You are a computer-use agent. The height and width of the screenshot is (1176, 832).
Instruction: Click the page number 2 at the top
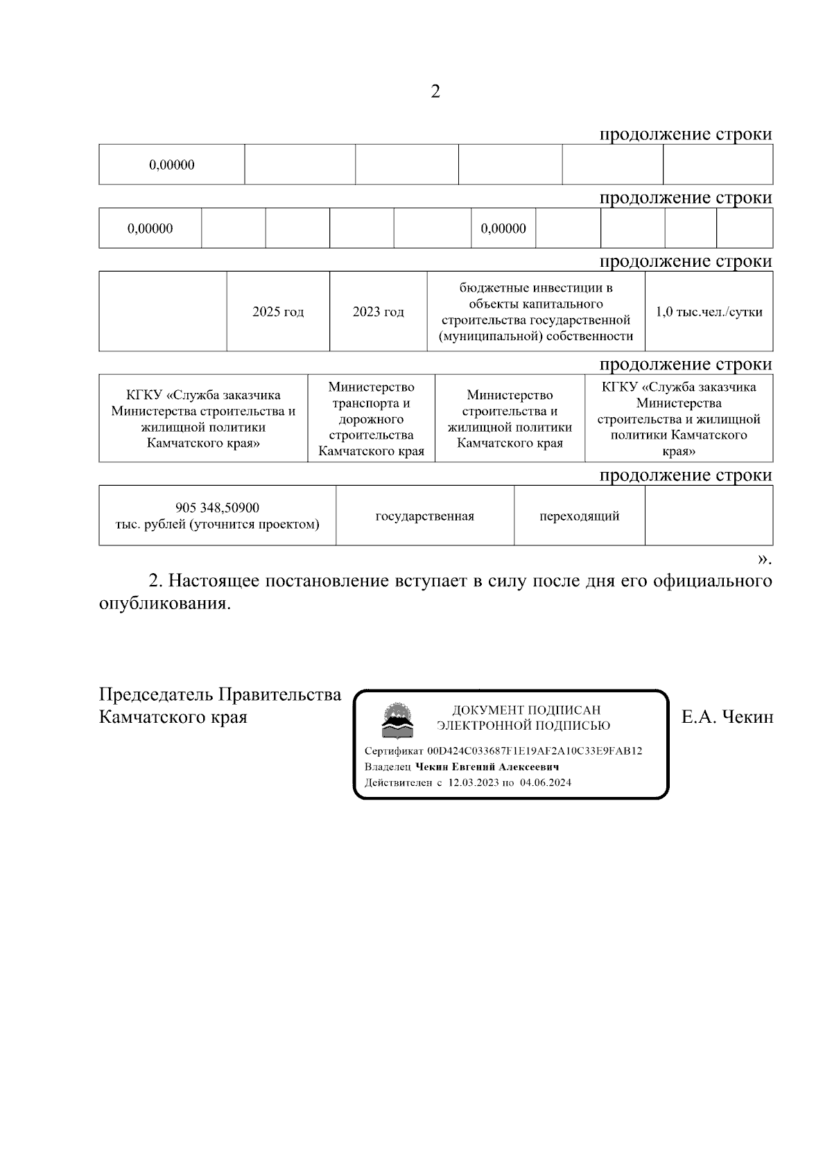click(x=435, y=92)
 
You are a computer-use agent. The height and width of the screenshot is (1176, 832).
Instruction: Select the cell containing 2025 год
click(x=278, y=312)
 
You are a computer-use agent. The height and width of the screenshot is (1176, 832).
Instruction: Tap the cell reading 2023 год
click(x=378, y=312)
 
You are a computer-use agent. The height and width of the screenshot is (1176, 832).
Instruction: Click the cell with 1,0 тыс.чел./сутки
click(x=709, y=312)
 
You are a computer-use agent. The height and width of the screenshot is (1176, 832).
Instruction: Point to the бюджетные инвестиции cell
click(x=536, y=312)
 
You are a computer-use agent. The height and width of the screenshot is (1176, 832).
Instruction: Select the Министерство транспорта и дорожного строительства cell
click(x=371, y=419)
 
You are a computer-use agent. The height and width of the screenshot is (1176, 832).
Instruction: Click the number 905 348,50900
click(x=218, y=508)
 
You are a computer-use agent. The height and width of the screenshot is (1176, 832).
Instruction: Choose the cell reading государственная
click(x=424, y=516)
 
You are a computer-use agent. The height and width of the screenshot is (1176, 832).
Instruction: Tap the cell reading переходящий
click(x=579, y=516)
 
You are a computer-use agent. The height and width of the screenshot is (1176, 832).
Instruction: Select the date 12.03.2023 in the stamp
click(x=474, y=782)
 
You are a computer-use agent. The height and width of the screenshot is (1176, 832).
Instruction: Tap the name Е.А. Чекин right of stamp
click(x=727, y=717)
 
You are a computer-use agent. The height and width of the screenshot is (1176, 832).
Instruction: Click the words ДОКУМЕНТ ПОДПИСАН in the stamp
click(x=526, y=710)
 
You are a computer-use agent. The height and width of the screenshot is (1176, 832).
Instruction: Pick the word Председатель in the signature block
click(x=156, y=695)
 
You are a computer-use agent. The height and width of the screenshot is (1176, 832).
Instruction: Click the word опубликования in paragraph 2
click(x=164, y=604)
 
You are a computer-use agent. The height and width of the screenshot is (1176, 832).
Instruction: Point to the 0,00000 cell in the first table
click(x=171, y=165)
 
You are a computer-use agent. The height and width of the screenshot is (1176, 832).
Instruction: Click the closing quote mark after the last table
click(x=762, y=559)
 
